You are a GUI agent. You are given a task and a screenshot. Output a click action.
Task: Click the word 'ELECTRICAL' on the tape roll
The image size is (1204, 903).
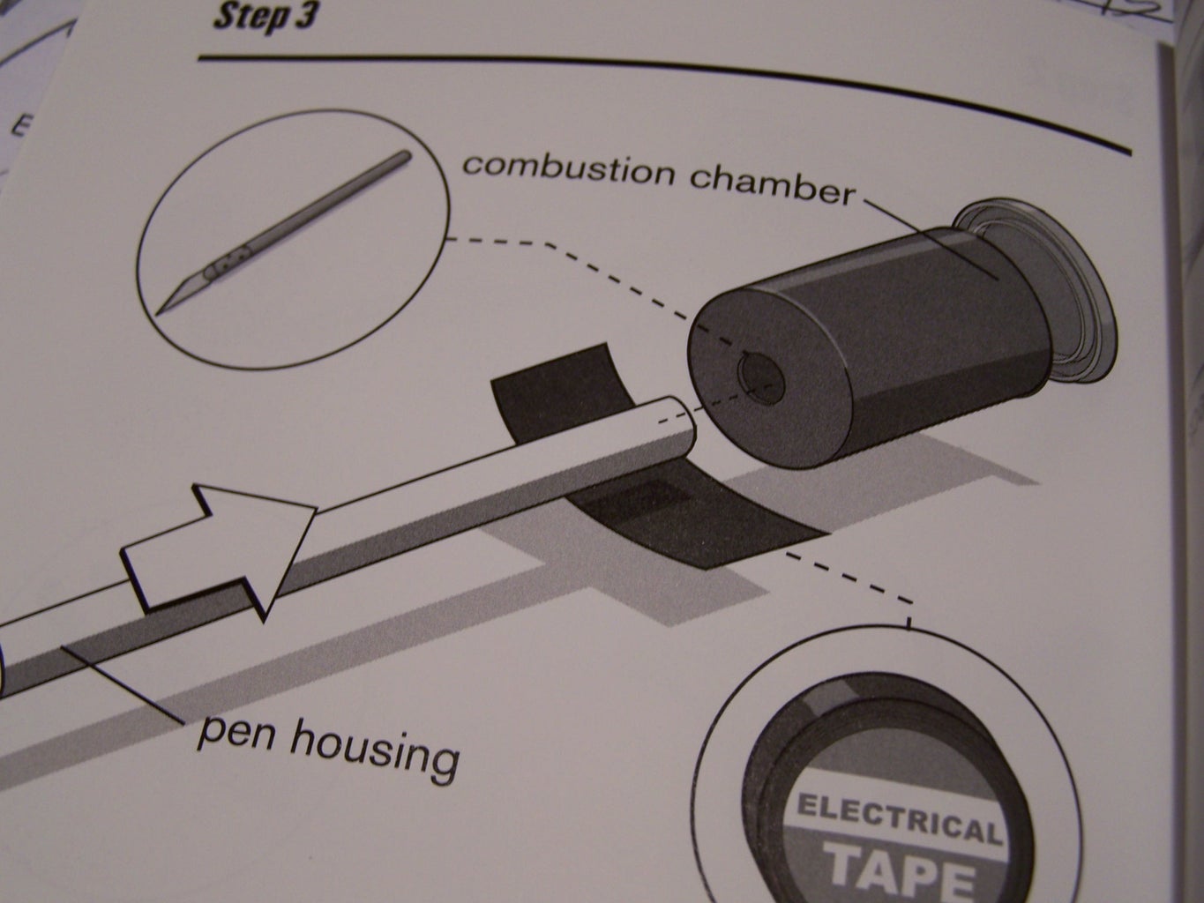[x=900, y=817]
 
